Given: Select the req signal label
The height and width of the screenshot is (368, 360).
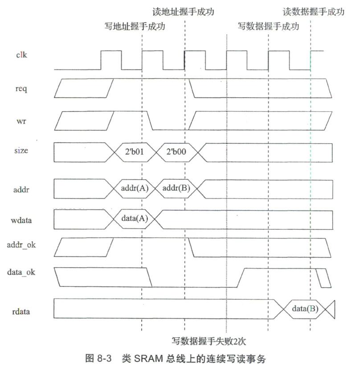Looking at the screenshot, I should click(21, 89).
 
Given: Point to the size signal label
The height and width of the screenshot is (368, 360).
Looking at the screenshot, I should click(21, 151).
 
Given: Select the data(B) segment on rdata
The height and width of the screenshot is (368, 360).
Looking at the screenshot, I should click(305, 308).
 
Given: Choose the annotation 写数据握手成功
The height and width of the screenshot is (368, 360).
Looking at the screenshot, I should click(268, 26).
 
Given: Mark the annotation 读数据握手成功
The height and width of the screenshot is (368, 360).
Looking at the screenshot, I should click(314, 12).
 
